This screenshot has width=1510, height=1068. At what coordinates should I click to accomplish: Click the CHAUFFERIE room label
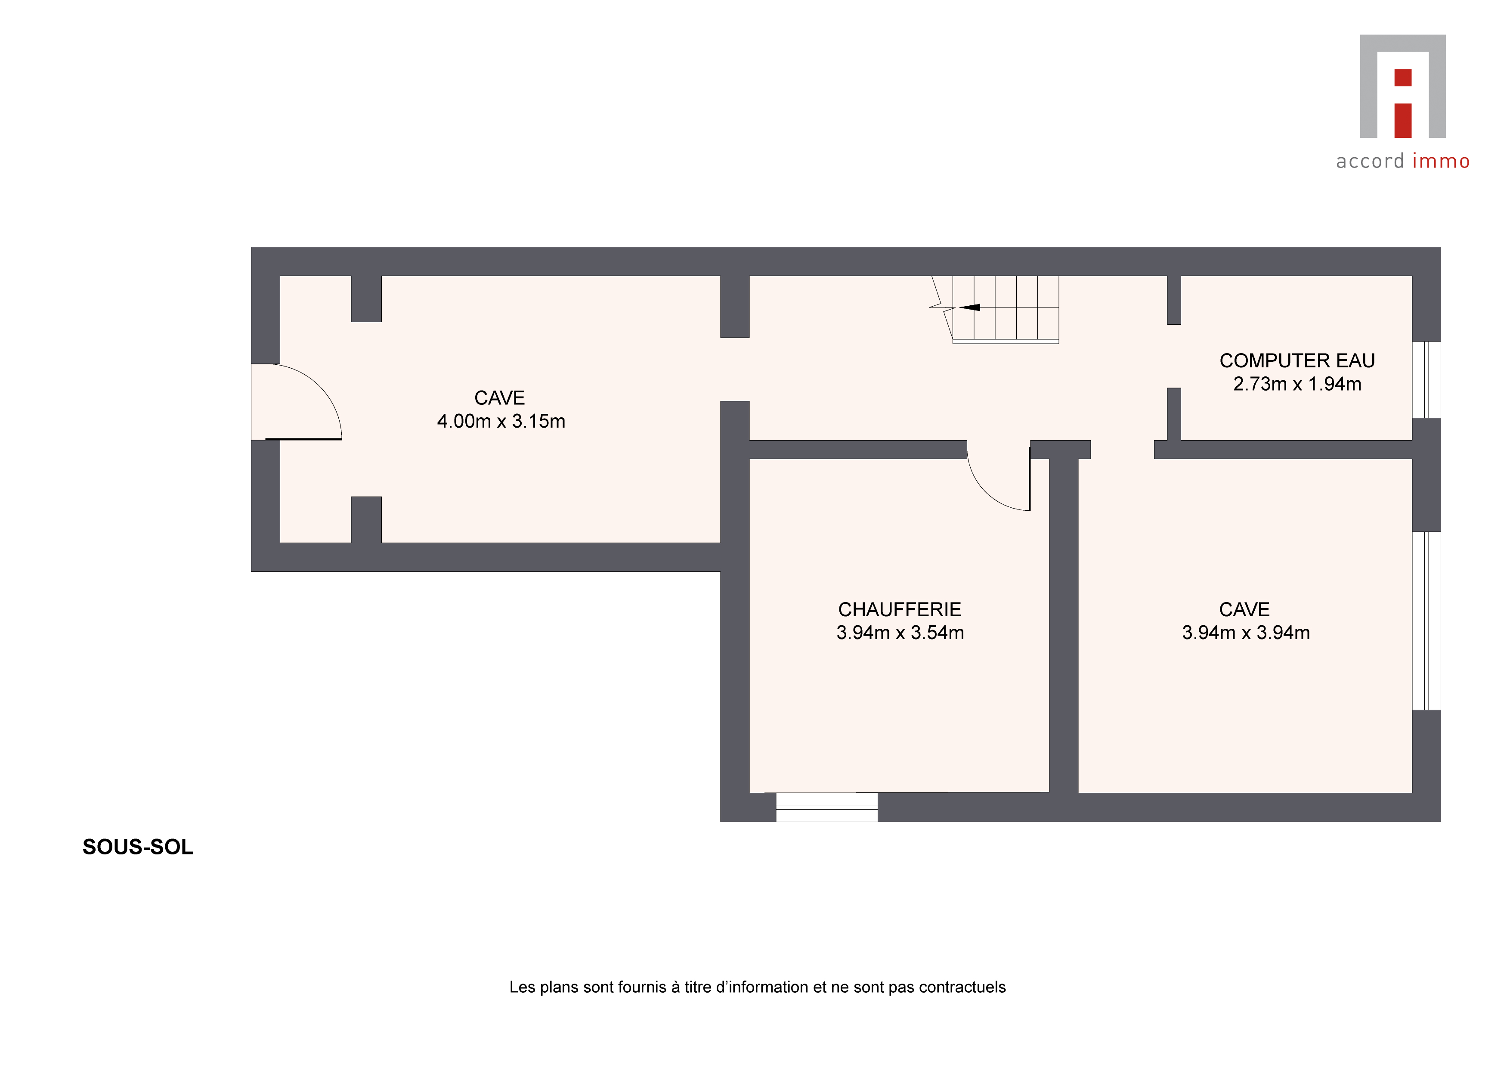(899, 609)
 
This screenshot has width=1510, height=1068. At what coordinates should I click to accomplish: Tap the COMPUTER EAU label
(1297, 360)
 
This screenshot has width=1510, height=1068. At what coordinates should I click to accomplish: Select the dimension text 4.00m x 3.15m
(501, 421)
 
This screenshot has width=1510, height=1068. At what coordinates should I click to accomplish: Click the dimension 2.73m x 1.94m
(1297, 384)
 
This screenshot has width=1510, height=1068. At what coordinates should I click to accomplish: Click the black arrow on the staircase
(969, 307)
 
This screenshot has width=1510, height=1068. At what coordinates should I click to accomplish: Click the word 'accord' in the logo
(1370, 161)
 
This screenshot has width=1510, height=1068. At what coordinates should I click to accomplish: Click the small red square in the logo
(1403, 78)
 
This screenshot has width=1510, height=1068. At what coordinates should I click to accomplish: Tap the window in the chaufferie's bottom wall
(827, 807)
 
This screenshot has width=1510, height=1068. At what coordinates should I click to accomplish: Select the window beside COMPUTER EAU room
(1426, 380)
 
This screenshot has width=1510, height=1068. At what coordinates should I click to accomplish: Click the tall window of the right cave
(1426, 621)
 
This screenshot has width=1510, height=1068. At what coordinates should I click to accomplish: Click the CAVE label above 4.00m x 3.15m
(500, 398)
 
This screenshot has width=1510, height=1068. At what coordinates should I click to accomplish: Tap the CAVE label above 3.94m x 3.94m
(1244, 609)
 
